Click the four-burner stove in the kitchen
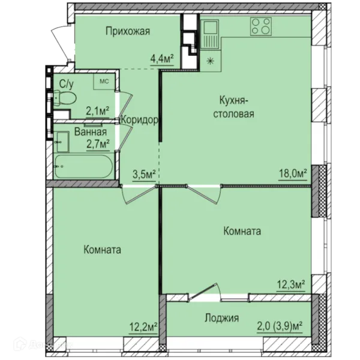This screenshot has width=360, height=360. tap(260, 26)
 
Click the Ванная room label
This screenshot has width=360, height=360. tap(91, 132)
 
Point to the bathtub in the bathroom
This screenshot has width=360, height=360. tap(83, 166)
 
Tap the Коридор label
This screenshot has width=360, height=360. tap(140, 120)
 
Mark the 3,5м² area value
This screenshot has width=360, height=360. tap(144, 175)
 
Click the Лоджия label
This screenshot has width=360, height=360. tap(222, 318)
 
